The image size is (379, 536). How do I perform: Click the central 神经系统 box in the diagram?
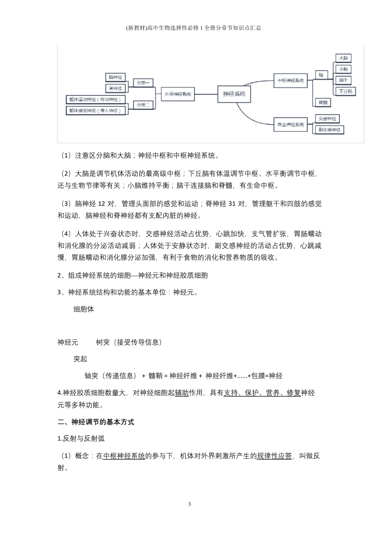234,94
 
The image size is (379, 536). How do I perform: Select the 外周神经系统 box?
178,95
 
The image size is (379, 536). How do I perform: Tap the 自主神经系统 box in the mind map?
290,124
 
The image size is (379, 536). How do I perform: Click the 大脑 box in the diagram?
343,58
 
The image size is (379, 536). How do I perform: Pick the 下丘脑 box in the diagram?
345,91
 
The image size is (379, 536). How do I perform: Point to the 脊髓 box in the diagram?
323,102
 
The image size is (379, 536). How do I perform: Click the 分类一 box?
143,83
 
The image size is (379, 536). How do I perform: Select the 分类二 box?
143,105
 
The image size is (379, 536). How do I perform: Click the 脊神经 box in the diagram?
115,88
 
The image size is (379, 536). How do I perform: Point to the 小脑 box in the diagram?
343,69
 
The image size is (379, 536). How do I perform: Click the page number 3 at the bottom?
189,504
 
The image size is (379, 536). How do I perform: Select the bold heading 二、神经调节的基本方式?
96,422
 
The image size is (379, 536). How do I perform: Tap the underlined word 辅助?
182,393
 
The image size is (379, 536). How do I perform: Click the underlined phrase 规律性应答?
274,456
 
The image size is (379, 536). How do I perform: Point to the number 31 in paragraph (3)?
232,204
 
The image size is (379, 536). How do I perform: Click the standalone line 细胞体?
84,309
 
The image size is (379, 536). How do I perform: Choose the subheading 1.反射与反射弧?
81,439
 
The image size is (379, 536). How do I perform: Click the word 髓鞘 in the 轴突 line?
155,376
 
